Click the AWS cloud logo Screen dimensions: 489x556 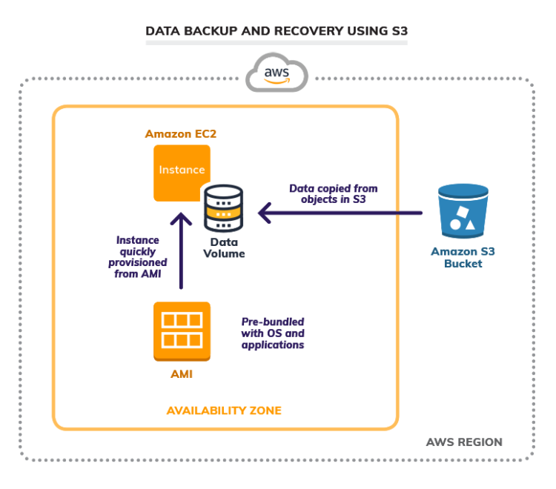277,73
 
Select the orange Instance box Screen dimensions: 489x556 182,172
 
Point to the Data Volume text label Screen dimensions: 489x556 226,248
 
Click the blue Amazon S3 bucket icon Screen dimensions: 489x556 463,212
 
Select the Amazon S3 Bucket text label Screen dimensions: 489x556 463,257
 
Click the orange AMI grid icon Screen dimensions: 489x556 182,330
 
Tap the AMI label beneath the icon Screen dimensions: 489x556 182,374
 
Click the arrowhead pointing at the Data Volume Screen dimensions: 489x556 265,213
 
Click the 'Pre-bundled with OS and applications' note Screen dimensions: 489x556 273,333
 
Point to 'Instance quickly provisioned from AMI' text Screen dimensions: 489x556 142,257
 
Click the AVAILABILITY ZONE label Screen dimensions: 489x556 224,410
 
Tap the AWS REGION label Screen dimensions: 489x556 464,442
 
